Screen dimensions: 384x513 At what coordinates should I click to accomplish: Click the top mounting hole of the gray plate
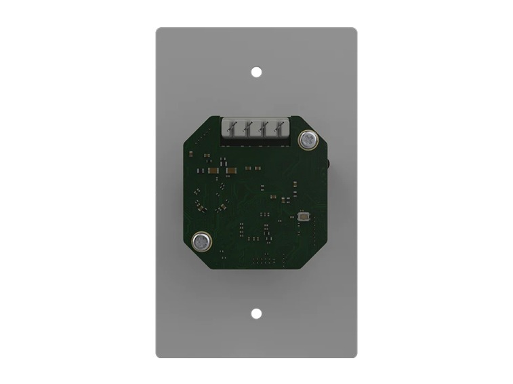[256, 71]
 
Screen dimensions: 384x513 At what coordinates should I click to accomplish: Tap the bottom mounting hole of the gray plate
[256, 313]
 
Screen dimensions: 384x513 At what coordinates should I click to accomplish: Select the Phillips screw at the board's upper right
[308, 140]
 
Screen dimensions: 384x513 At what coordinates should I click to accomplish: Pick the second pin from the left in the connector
[248, 128]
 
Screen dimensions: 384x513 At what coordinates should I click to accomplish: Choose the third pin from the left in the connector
[262, 128]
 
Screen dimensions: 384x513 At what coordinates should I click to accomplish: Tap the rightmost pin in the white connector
[276, 128]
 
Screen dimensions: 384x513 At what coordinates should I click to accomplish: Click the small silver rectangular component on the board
[302, 218]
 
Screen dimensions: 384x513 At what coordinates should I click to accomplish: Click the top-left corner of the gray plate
[158, 30]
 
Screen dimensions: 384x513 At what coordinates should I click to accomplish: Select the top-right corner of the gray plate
[354, 30]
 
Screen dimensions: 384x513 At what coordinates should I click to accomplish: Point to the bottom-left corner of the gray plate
[158, 356]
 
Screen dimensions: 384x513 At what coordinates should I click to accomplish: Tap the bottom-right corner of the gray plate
[354, 356]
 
